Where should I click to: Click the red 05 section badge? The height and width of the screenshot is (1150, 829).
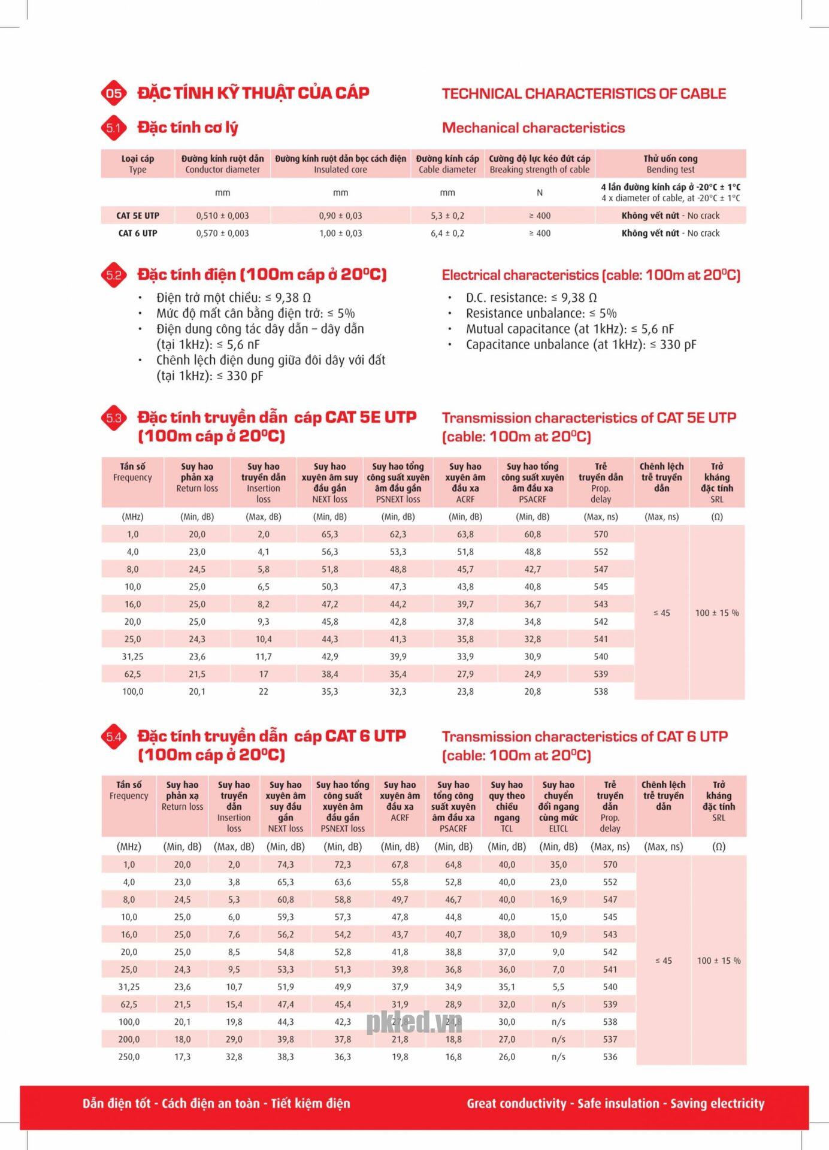[x=114, y=93]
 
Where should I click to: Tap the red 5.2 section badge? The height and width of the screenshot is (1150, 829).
[x=114, y=275]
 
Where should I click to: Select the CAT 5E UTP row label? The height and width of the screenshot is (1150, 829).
[x=138, y=216]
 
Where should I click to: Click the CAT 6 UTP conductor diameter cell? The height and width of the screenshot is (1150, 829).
[x=222, y=233]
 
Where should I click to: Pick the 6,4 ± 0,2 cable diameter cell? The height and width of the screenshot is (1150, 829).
[x=447, y=233]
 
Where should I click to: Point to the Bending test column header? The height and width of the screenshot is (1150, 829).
[x=670, y=164]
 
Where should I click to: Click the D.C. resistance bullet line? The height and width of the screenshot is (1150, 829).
[x=531, y=298]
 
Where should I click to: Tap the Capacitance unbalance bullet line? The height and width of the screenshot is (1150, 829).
[x=580, y=344]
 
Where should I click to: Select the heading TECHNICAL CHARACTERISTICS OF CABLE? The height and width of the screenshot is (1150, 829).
[x=583, y=93]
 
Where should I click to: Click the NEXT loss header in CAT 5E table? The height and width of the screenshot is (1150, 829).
[x=329, y=482]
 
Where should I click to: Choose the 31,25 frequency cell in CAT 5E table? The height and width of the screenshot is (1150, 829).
[x=132, y=656]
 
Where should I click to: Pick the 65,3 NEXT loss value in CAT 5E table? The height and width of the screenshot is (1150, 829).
[x=329, y=534]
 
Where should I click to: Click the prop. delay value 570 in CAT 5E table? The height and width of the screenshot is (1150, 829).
[x=601, y=534]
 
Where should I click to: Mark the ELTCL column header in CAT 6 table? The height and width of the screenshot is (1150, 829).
[x=558, y=806]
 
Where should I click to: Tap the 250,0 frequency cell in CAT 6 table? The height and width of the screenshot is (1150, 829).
[x=129, y=1057]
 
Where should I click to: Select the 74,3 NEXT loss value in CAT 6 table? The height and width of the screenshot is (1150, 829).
[x=286, y=864]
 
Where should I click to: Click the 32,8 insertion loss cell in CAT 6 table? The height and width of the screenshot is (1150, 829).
[x=234, y=1057]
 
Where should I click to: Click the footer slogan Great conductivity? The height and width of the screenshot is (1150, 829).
[x=615, y=1103]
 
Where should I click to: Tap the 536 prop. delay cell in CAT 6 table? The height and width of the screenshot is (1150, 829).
[x=610, y=1057]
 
